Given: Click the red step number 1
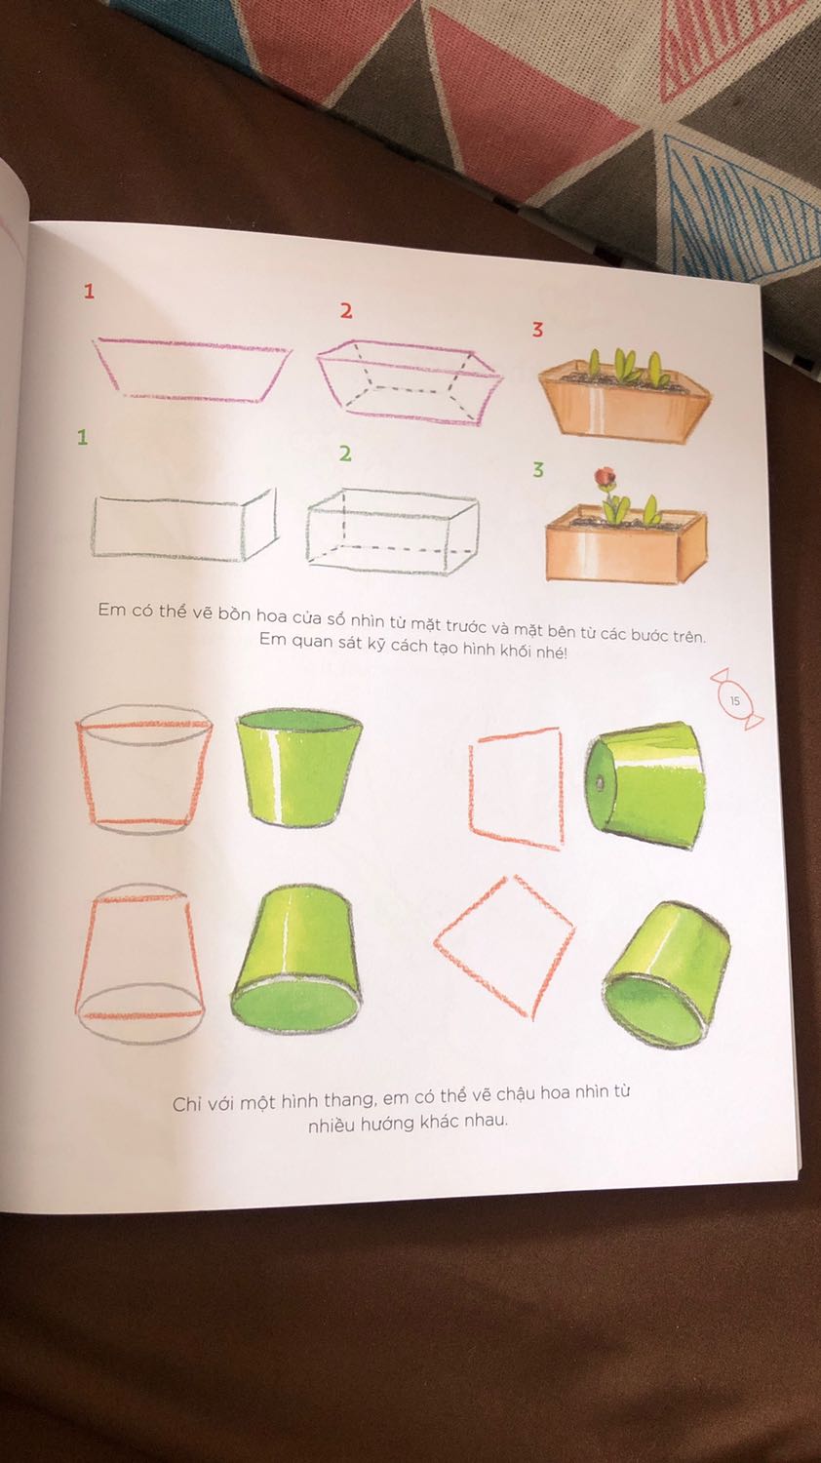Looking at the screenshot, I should pyautogui.click(x=90, y=291).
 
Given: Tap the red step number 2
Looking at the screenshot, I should pyautogui.click(x=345, y=311).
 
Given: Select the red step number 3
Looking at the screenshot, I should pyautogui.click(x=537, y=330).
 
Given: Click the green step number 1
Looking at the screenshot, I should pyautogui.click(x=83, y=438).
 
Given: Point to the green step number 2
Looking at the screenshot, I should pyautogui.click(x=345, y=454).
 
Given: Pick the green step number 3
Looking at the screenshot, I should pyautogui.click(x=538, y=470).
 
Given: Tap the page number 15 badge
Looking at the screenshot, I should pyautogui.click(x=734, y=699).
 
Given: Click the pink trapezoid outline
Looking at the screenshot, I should pyautogui.click(x=191, y=369).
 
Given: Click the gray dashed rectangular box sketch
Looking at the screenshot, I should pyautogui.click(x=392, y=531).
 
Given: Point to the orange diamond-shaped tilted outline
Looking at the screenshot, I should pyautogui.click(x=504, y=944).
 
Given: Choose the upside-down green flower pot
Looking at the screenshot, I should pyautogui.click(x=294, y=957).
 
